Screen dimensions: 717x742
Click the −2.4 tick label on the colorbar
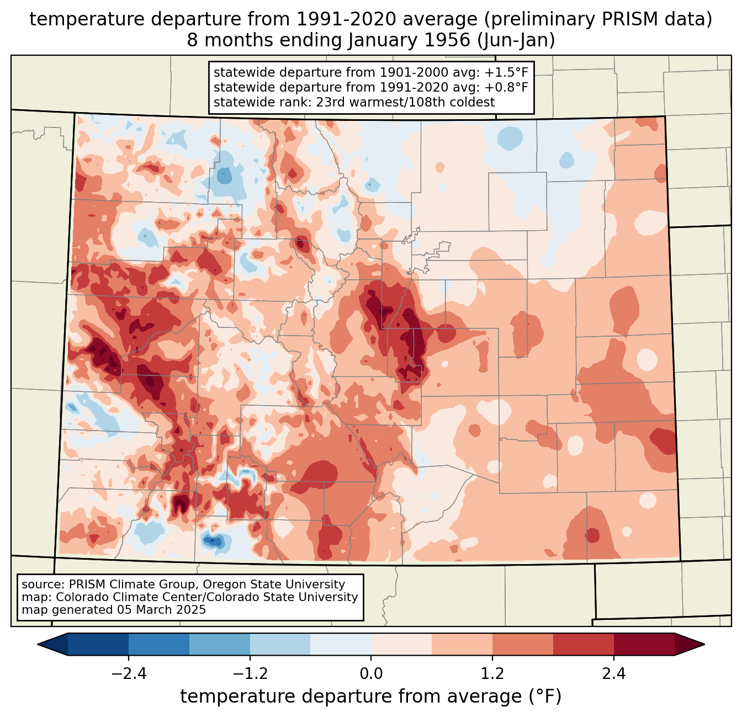(x=129, y=674)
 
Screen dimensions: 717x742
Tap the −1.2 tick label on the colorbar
(x=250, y=674)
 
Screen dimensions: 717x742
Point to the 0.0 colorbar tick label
(x=371, y=674)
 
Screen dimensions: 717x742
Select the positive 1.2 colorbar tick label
(x=492, y=674)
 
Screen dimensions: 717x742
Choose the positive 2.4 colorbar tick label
(x=613, y=674)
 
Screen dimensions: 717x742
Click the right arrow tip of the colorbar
(x=703, y=644)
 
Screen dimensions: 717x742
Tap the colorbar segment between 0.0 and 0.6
(x=401, y=644)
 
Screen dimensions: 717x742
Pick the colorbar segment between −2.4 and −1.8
(x=159, y=644)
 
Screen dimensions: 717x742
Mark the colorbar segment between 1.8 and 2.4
(x=583, y=644)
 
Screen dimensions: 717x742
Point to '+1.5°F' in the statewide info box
(x=506, y=73)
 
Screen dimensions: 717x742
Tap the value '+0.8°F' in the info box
(x=506, y=87)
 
